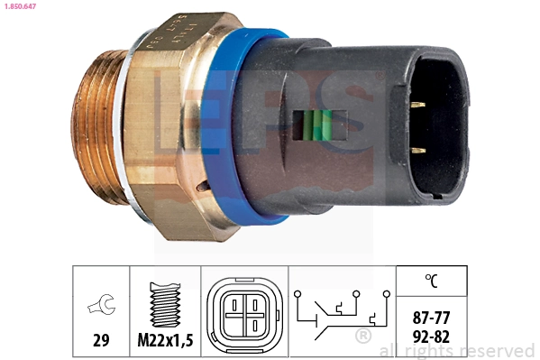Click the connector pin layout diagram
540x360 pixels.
coord(243,312)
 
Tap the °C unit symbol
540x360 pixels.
coord(432,282)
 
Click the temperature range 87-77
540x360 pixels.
coord(432,318)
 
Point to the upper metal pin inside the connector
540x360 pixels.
coord(416,106)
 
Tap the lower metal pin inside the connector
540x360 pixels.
coord(416,150)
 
